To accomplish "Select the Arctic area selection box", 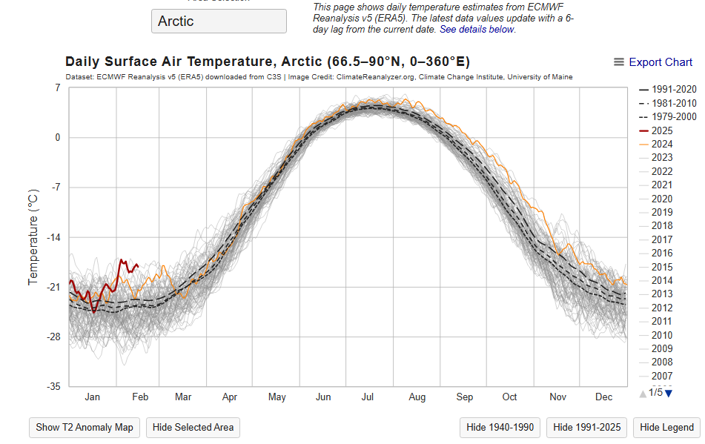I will [x=219, y=21].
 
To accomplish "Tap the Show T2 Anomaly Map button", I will [x=85, y=427].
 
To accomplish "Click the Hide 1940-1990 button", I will [x=500, y=427].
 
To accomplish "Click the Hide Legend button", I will [x=667, y=427].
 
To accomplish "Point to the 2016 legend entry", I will [x=662, y=254].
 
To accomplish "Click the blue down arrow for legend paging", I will [x=669, y=393].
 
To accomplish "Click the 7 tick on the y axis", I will [x=57, y=88].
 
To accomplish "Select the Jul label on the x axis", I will [x=368, y=397].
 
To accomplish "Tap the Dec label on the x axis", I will [x=603, y=397].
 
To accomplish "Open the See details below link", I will [x=477, y=30].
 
